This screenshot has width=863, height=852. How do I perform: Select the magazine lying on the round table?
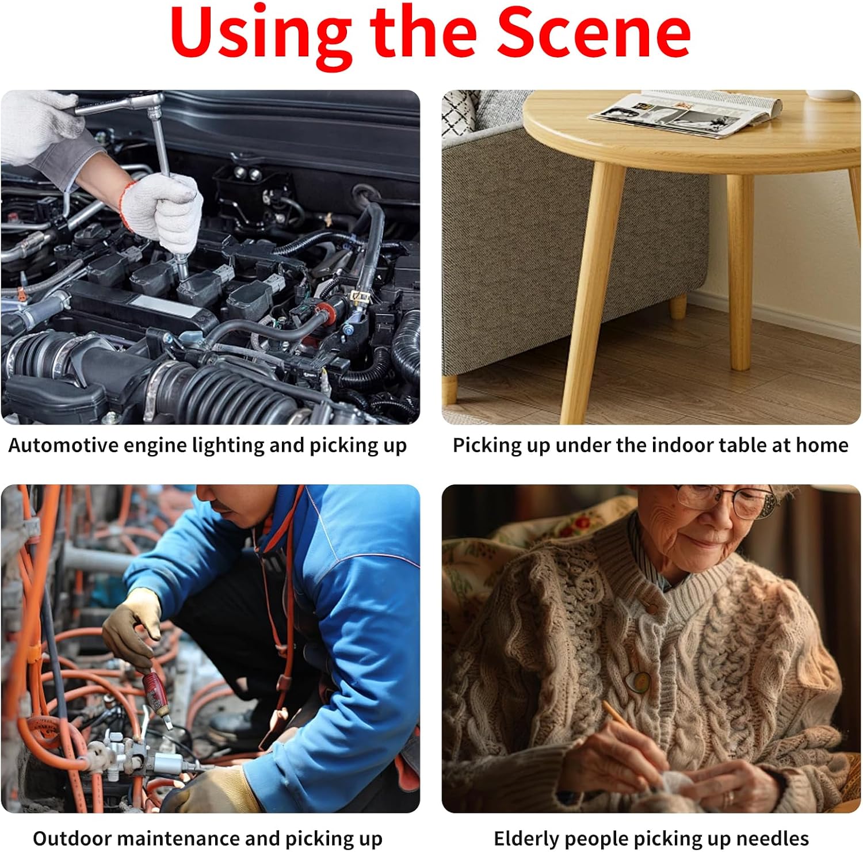685,113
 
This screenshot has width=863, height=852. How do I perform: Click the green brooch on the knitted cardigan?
637,682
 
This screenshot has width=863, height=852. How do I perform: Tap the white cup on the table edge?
828,95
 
